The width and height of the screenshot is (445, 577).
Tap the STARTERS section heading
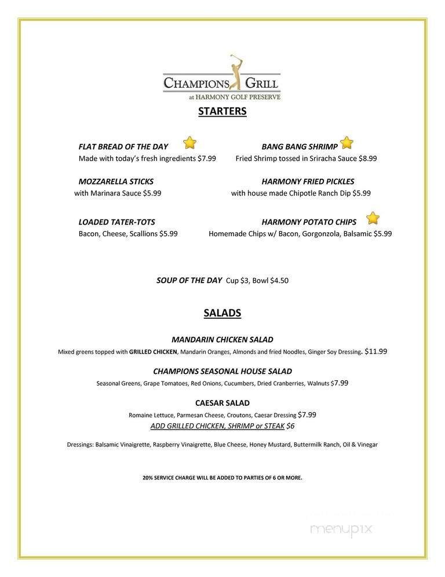point(222,111)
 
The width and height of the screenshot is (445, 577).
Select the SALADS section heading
point(222,313)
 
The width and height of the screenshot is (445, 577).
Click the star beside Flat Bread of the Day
point(189,143)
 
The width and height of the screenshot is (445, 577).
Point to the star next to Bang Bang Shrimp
point(346,142)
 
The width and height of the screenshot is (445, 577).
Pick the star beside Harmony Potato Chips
point(373,218)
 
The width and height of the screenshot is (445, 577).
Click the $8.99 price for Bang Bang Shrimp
point(367,158)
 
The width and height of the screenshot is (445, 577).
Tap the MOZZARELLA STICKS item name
point(116,182)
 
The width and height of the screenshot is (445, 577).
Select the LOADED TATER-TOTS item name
point(116,222)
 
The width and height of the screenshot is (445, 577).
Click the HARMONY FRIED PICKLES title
point(308,182)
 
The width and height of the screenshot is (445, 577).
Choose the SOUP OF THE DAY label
point(189,280)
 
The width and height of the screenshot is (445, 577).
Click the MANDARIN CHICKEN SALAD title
point(222,340)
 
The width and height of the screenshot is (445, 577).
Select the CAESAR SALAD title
point(222,403)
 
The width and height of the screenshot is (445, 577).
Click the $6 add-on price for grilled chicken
point(290,426)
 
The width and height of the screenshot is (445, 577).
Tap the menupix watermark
point(341,528)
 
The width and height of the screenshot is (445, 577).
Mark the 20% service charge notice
point(222,478)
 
